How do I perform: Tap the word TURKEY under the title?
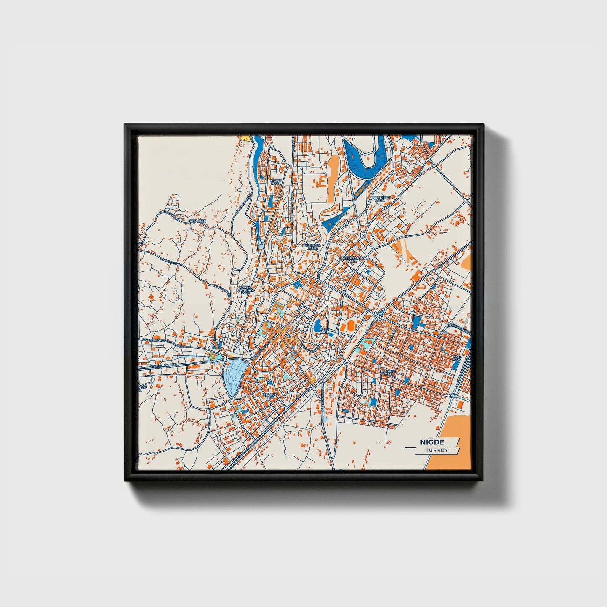click(436, 450)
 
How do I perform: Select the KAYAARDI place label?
click(197, 221)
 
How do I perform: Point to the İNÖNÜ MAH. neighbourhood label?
click(276, 182)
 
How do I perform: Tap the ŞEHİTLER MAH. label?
click(313, 247)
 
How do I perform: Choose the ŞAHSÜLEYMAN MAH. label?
click(352, 259)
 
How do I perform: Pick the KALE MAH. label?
click(324, 331)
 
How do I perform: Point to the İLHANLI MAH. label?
click(387, 373)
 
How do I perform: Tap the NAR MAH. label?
click(456, 358)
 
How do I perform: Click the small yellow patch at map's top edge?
click(244, 137)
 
